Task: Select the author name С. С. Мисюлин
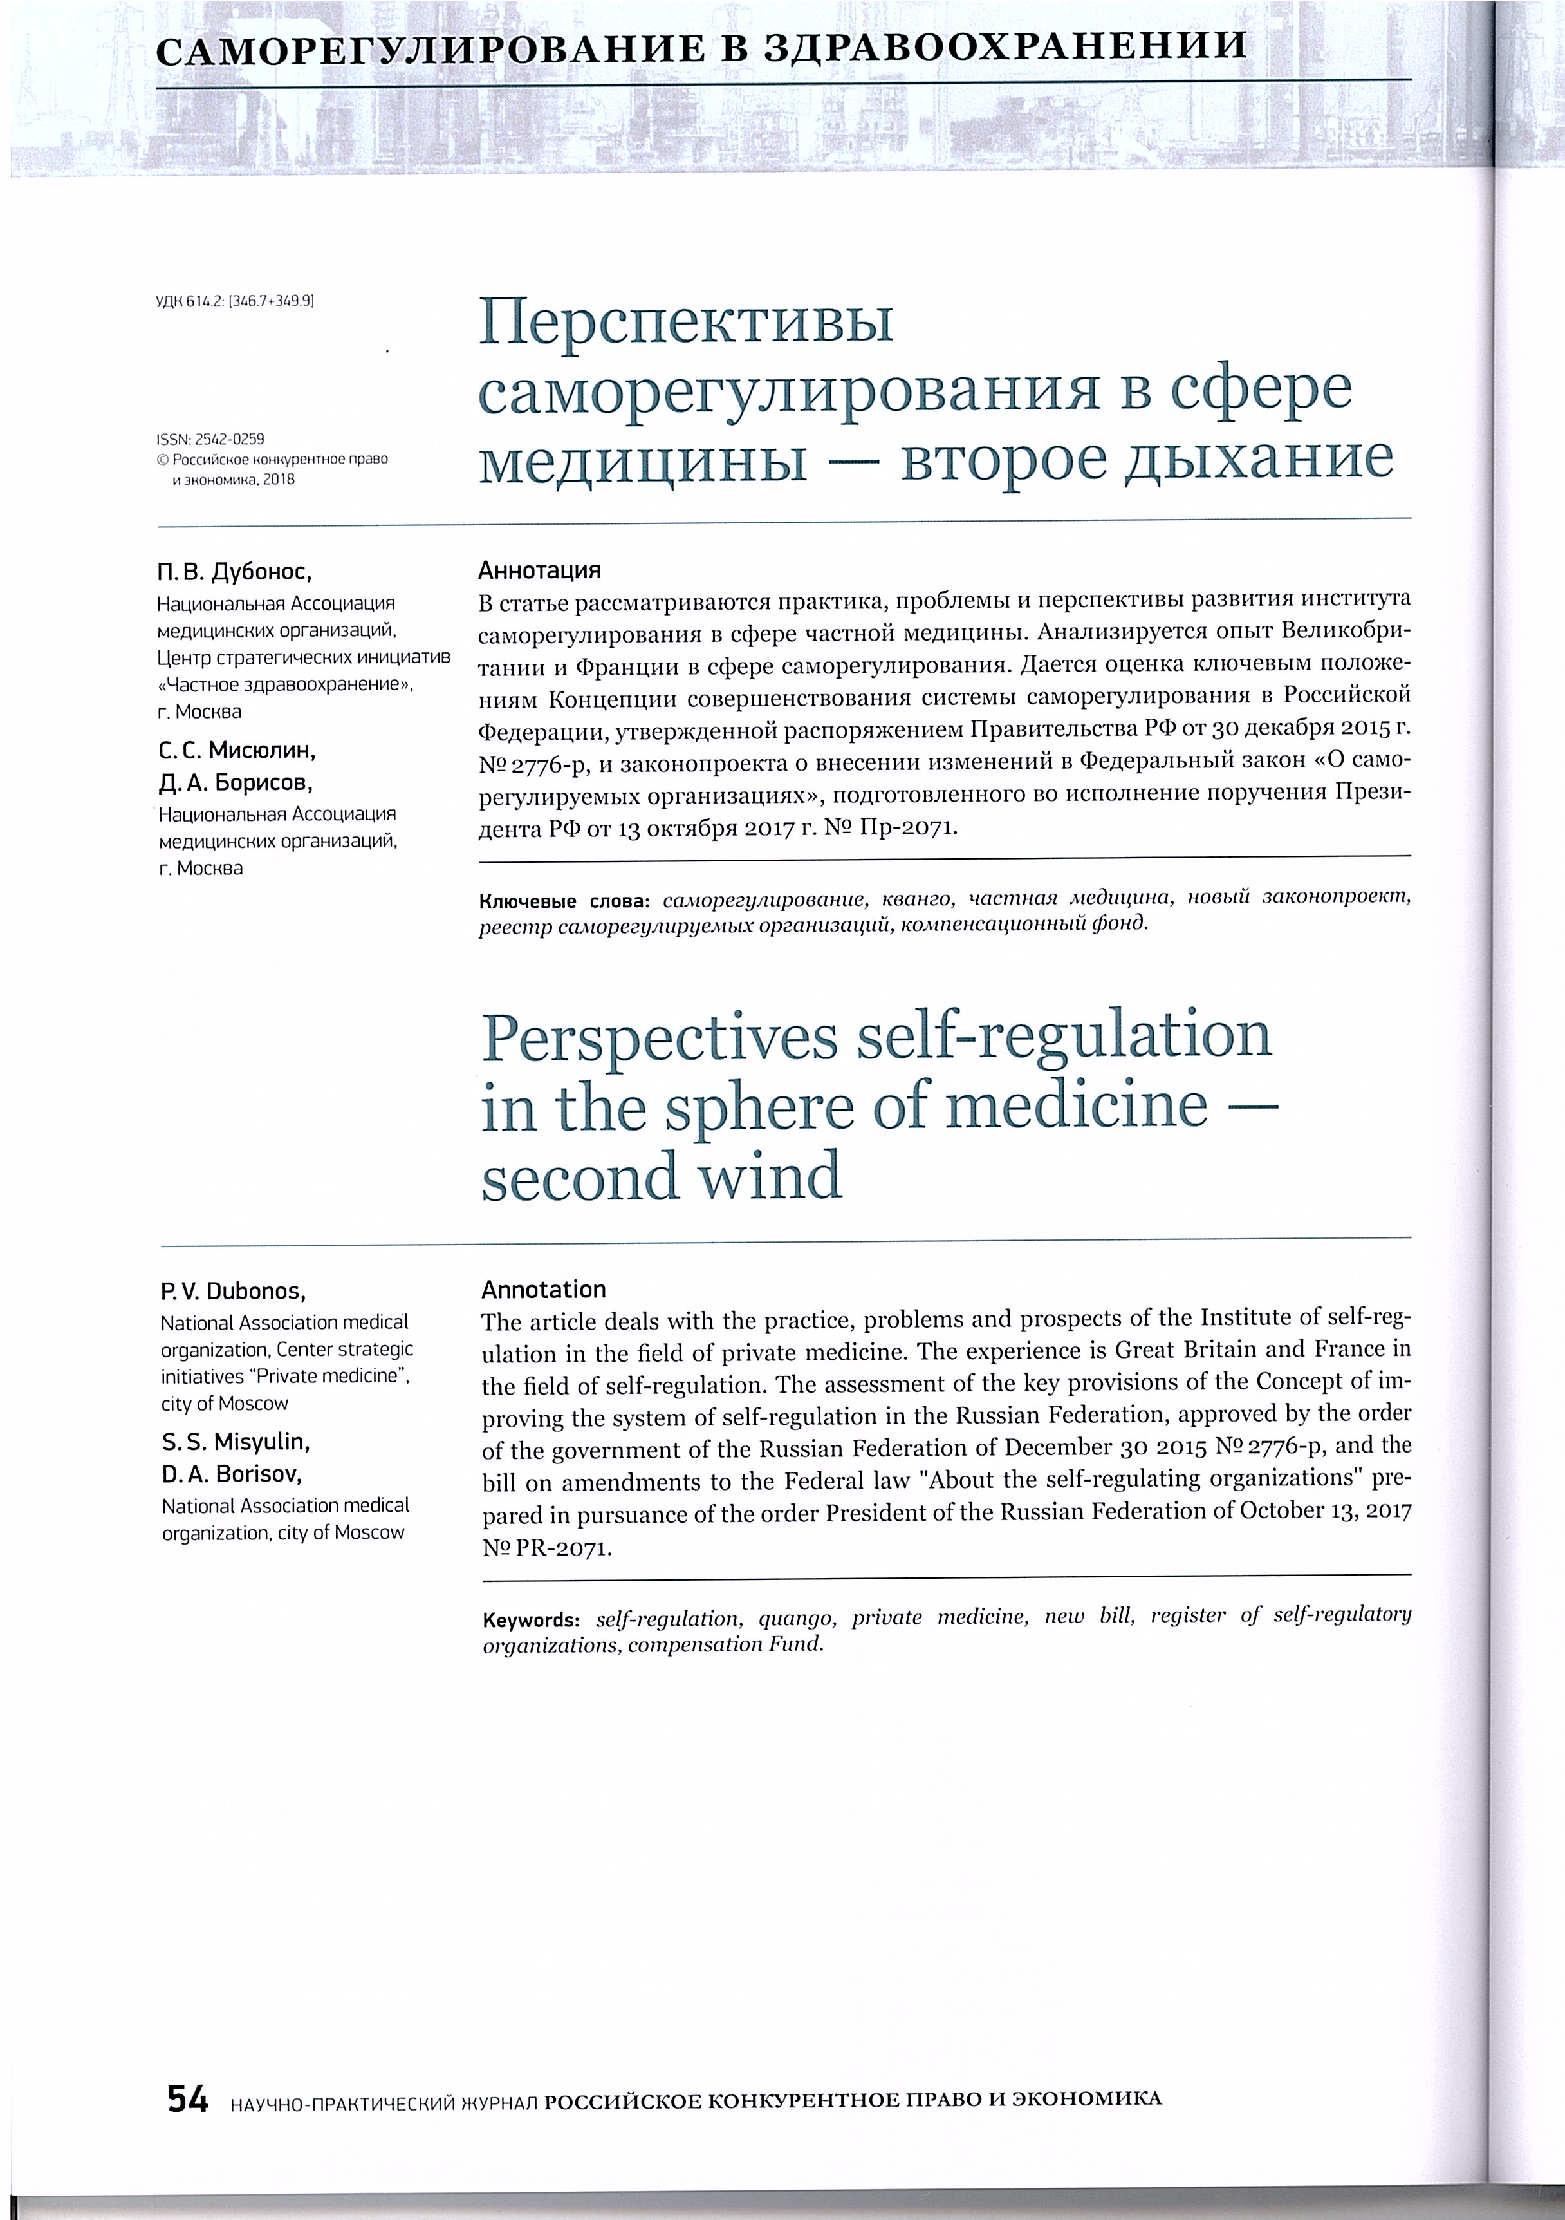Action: point(237,750)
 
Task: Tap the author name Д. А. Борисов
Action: point(236,782)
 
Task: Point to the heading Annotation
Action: point(543,1290)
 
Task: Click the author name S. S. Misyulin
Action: point(237,1443)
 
